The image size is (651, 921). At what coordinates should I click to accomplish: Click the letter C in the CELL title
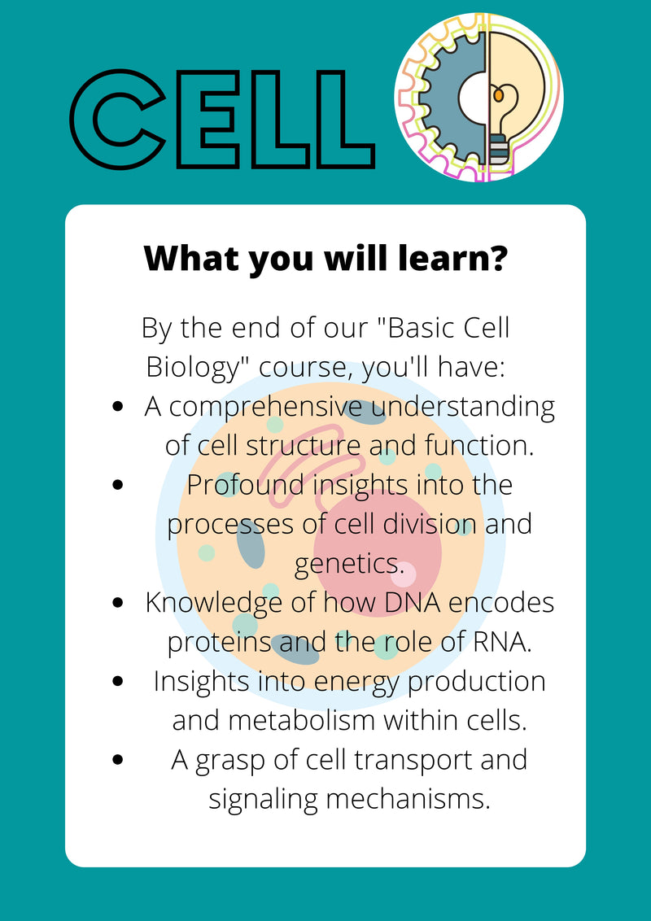pos(118,120)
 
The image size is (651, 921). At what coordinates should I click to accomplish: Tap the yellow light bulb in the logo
pos(512,98)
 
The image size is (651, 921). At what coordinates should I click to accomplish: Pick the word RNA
pos(501,641)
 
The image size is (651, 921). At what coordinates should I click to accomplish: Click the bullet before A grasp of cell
pos(120,759)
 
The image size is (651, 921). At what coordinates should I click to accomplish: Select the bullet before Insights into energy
pos(120,681)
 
